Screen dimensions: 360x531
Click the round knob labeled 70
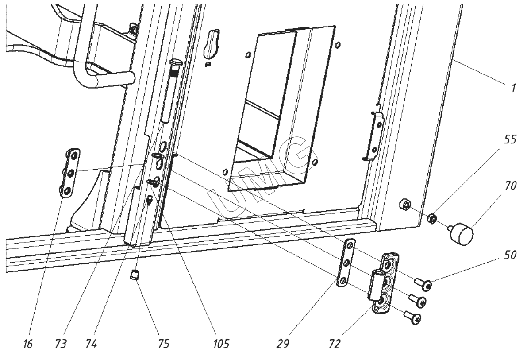coord(462,233)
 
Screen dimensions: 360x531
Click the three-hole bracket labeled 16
coord(72,171)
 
